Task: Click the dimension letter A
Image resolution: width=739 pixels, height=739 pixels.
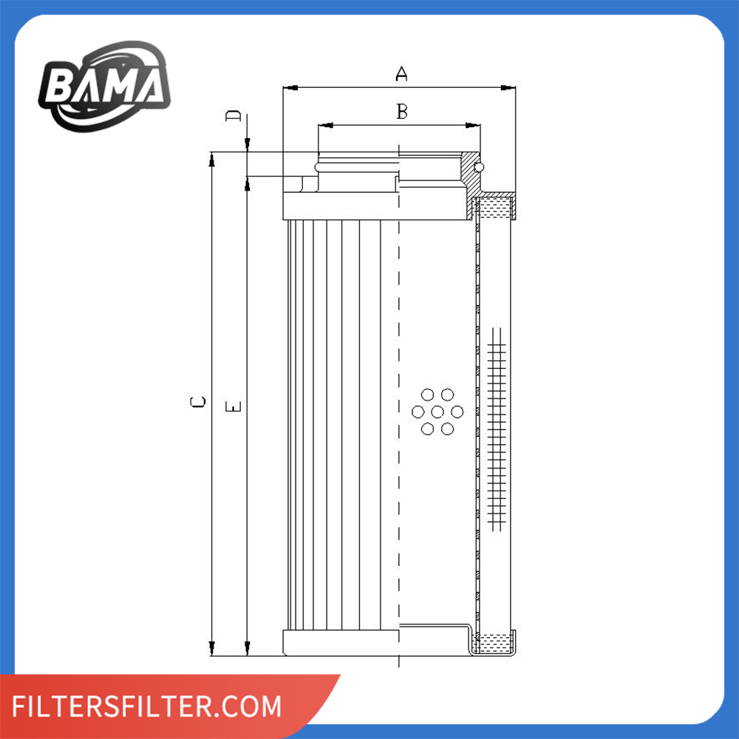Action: point(401,73)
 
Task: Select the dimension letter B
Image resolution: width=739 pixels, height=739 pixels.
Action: point(402,112)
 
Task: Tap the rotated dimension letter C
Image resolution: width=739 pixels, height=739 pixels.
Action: point(198,401)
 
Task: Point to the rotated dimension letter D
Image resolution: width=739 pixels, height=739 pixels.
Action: point(233,115)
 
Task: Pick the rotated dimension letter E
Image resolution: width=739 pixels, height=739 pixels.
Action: point(234,406)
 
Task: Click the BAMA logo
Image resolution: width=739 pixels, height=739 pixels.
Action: point(105,86)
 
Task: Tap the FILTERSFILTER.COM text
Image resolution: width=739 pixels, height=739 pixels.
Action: point(146,706)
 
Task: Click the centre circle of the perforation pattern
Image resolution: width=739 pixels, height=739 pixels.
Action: point(437,412)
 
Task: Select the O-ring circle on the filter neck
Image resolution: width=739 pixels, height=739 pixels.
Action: point(479,167)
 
